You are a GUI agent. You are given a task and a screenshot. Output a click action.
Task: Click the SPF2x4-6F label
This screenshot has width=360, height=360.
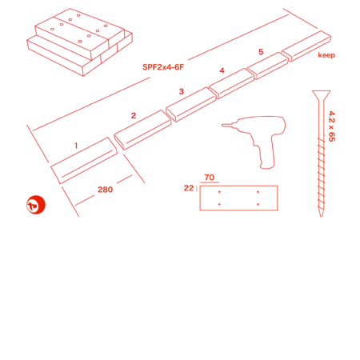(163, 67)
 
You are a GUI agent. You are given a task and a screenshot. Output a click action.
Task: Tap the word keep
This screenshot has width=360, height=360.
(326, 55)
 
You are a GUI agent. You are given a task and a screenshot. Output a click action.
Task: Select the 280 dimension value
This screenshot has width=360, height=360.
(106, 190)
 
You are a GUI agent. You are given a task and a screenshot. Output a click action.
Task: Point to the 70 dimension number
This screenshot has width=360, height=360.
(210, 178)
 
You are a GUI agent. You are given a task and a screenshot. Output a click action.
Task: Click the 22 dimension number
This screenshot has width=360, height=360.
(189, 188)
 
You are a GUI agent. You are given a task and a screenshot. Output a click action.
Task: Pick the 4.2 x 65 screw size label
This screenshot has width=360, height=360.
(331, 126)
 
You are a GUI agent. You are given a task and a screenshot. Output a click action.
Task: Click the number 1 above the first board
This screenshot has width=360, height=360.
(76, 146)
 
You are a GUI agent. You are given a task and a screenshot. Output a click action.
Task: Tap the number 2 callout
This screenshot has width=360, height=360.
(134, 115)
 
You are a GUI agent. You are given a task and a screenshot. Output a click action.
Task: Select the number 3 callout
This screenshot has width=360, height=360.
(182, 91)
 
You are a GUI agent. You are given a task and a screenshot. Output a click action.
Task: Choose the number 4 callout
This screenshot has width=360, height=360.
(222, 70)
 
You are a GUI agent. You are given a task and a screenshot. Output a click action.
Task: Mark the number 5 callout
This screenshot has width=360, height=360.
(261, 52)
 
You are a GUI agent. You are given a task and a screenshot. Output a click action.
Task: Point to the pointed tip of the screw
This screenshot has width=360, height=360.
(322, 216)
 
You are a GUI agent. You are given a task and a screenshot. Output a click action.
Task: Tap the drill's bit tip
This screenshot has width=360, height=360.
(222, 125)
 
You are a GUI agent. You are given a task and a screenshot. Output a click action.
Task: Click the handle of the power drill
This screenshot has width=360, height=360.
(266, 154)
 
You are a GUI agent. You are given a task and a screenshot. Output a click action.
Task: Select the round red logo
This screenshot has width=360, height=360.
(36, 205)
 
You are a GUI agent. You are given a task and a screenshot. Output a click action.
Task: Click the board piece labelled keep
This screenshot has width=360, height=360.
(306, 46)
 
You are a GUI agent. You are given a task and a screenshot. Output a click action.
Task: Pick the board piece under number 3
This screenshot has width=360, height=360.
(191, 105)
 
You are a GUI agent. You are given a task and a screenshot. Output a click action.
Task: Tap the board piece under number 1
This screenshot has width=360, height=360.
(84, 161)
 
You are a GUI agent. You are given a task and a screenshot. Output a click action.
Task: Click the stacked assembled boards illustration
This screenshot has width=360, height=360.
(79, 42)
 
